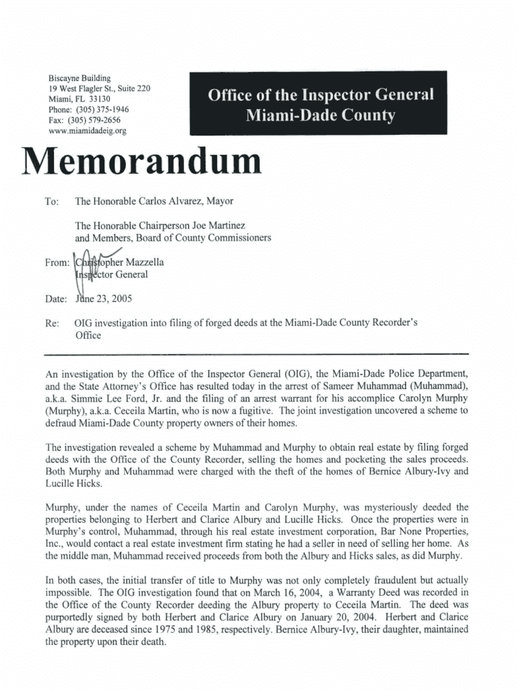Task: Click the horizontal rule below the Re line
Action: tap(255, 354)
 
